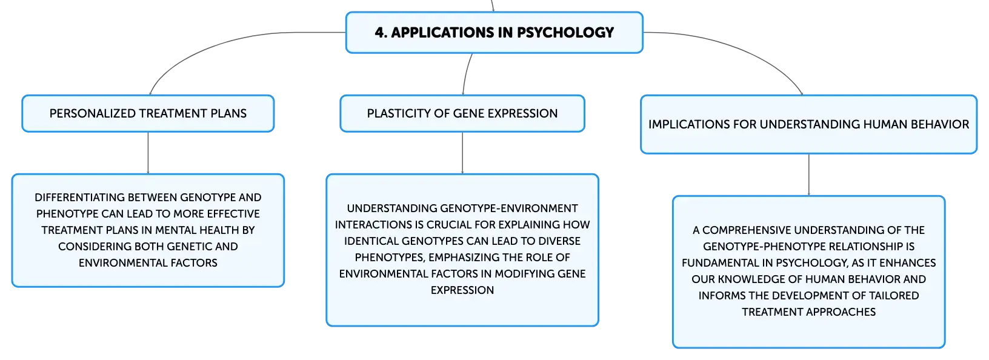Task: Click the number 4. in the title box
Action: [381, 33]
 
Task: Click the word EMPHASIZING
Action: [467, 257]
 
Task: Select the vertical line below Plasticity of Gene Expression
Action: [462, 153]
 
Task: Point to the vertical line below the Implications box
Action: [809, 175]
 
